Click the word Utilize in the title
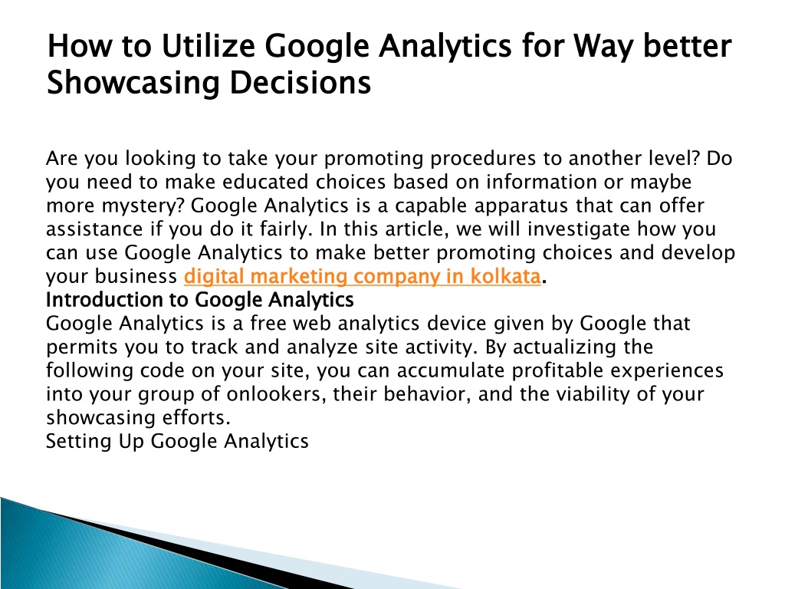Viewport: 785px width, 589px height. point(208,46)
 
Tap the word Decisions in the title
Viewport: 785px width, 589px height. point(301,83)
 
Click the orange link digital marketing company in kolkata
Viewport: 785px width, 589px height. point(363,276)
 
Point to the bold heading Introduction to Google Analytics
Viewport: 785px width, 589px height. point(200,300)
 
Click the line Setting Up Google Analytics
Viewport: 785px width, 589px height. point(177,442)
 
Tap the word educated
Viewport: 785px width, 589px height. point(265,182)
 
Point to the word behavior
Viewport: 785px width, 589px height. point(427,395)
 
